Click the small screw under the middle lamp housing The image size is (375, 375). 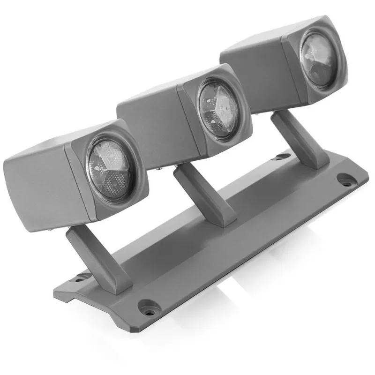tap(161, 167)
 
